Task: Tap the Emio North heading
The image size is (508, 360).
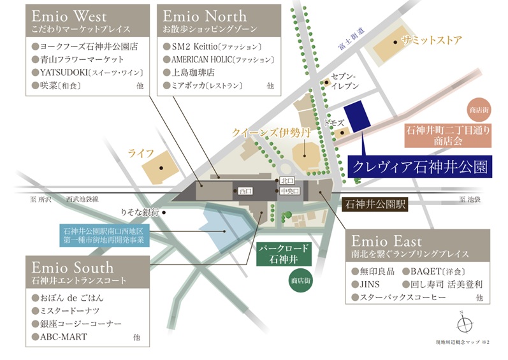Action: (x=203, y=15)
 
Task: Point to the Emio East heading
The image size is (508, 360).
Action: (x=387, y=241)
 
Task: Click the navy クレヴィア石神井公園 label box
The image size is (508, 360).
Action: (x=419, y=168)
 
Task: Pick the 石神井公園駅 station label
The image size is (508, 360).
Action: (x=374, y=205)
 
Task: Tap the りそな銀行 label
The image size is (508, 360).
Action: (x=140, y=212)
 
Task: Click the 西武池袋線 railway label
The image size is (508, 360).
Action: (x=82, y=199)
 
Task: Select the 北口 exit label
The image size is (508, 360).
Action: (x=286, y=181)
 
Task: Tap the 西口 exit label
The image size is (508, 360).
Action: (x=246, y=191)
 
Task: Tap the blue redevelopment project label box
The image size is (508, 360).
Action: (x=104, y=235)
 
